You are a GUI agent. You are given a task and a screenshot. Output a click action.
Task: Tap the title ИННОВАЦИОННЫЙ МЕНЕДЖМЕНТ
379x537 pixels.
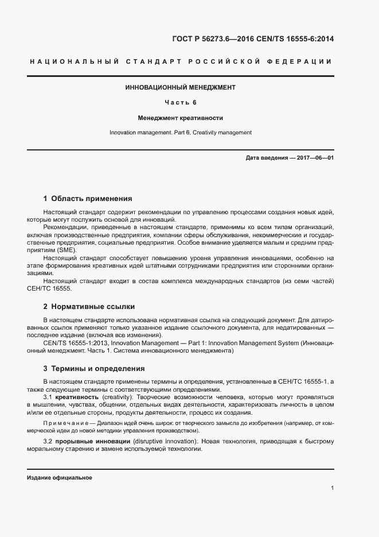tap(180, 88)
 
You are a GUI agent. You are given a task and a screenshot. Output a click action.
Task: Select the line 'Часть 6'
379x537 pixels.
tap(180, 103)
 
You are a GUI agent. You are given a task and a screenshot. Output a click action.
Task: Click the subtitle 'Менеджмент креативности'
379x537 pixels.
tap(180, 118)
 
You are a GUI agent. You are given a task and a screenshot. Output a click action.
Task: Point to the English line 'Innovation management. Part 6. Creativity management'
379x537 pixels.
tap(180, 133)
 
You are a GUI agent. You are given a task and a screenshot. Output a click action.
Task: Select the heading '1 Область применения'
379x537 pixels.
tap(88, 199)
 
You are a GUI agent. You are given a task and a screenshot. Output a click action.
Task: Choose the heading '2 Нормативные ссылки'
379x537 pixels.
tap(89, 307)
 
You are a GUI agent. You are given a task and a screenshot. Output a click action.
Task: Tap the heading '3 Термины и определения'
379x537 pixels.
tap(94, 369)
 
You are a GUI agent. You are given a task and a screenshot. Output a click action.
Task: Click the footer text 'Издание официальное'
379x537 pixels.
tap(59, 478)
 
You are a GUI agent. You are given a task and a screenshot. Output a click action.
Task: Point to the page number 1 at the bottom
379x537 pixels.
tap(332, 488)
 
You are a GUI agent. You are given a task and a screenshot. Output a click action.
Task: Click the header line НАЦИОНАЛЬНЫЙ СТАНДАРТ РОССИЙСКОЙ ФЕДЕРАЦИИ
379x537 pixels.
tap(180, 61)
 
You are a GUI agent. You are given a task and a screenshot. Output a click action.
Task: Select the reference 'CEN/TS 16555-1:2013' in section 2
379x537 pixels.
tap(73, 343)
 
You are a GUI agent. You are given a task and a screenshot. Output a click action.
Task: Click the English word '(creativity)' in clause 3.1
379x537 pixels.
tap(119, 397)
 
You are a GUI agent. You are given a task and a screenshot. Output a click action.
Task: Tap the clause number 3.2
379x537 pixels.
tap(48, 441)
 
